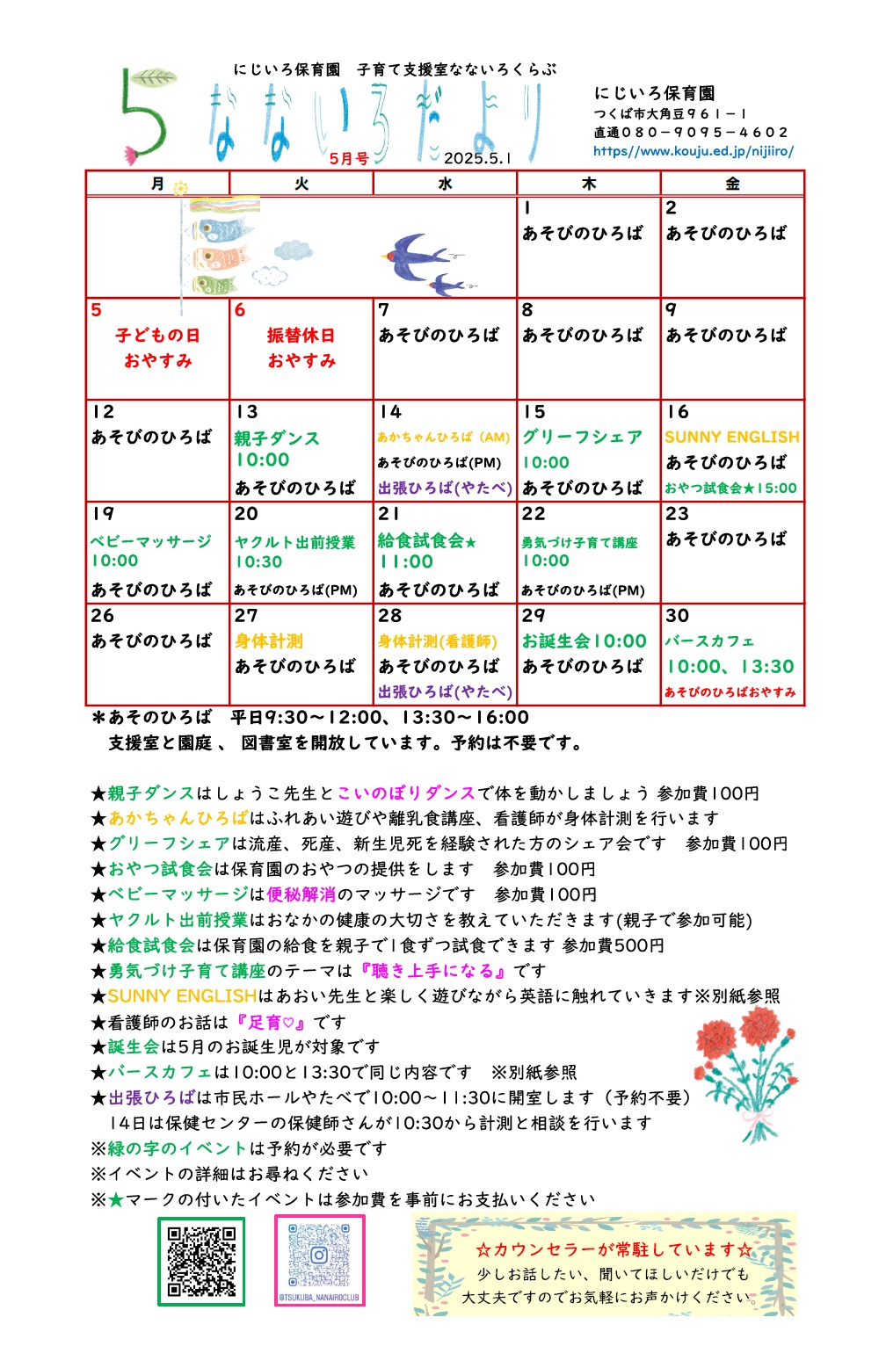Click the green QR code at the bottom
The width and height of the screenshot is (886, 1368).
pyautogui.click(x=201, y=1261)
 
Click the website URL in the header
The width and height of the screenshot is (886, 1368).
pyautogui.click(x=693, y=151)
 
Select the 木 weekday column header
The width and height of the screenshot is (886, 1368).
pyautogui.click(x=589, y=184)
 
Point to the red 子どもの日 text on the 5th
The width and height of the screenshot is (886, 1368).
pyautogui.click(x=157, y=336)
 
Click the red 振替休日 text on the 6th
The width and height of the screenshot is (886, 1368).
pyautogui.click(x=301, y=336)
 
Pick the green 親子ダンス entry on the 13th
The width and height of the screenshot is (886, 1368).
pyautogui.click(x=277, y=438)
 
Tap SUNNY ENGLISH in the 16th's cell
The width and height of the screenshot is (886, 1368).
pyautogui.click(x=731, y=437)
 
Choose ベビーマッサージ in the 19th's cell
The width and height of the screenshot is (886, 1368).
pyautogui.click(x=151, y=540)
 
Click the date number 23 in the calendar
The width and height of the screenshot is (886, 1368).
pyautogui.click(x=677, y=514)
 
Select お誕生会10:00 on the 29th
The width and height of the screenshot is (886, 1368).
pyautogui.click(x=584, y=641)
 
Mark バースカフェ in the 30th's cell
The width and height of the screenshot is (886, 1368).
pyautogui.click(x=709, y=641)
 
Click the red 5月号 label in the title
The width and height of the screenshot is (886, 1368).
pyautogui.click(x=349, y=158)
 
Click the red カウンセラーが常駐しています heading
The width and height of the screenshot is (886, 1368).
pyautogui.click(x=614, y=1249)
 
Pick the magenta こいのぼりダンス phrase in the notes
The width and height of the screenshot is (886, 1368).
pyautogui.click(x=405, y=793)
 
